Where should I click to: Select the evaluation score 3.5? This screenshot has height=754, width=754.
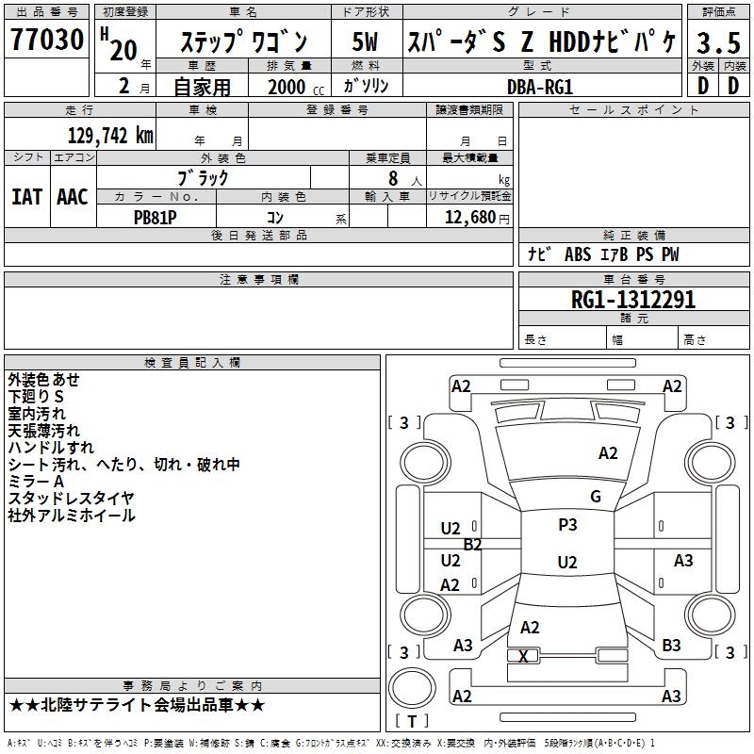717,43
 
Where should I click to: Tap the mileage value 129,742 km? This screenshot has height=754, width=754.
110,136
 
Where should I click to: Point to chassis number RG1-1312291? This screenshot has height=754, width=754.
633,300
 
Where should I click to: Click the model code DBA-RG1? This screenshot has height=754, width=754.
540,86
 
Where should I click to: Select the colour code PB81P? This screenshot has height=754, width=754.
156,216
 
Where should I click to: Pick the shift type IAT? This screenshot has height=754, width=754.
26,197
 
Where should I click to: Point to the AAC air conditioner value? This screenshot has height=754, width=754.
73,197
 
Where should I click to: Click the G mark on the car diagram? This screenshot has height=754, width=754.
595,497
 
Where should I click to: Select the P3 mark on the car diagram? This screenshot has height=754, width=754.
567,525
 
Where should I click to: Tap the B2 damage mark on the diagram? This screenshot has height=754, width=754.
472,544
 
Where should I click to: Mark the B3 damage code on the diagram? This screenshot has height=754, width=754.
671,645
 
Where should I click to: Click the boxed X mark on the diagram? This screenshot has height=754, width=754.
524,656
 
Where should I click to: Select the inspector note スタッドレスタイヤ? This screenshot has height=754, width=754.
71,499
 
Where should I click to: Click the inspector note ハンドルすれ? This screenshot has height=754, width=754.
51,448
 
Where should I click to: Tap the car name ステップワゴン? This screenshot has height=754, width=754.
243,43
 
